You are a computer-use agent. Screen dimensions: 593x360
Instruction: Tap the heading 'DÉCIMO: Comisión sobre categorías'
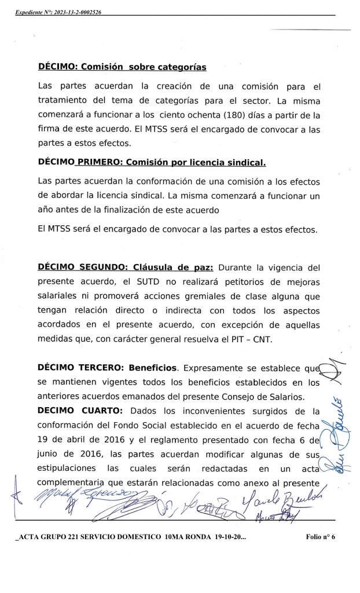[122, 67]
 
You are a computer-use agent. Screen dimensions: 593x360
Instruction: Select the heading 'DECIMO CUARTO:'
[80, 411]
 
